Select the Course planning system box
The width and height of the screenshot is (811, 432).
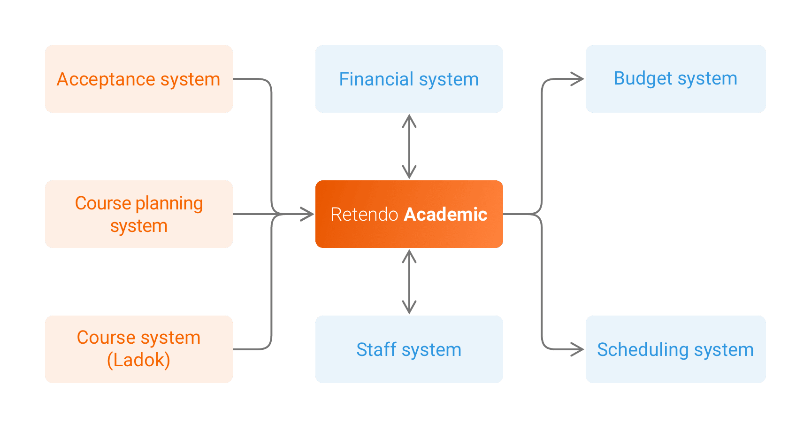click(x=139, y=214)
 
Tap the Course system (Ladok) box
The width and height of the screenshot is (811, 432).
click(x=139, y=349)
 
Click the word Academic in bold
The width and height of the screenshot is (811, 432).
click(x=445, y=214)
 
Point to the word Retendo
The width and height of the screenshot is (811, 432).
click(x=364, y=214)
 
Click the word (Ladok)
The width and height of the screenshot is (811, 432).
click(x=139, y=360)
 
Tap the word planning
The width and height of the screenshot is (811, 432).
click(x=169, y=203)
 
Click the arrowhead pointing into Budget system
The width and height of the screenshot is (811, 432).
click(x=579, y=79)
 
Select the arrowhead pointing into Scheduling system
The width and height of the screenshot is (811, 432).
click(x=579, y=349)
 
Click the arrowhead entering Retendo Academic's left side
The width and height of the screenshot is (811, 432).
click(x=308, y=214)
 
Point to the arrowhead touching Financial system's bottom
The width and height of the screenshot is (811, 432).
click(x=409, y=120)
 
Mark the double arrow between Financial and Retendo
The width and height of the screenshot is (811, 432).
click(x=409, y=147)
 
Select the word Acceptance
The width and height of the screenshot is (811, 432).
click(x=106, y=79)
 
